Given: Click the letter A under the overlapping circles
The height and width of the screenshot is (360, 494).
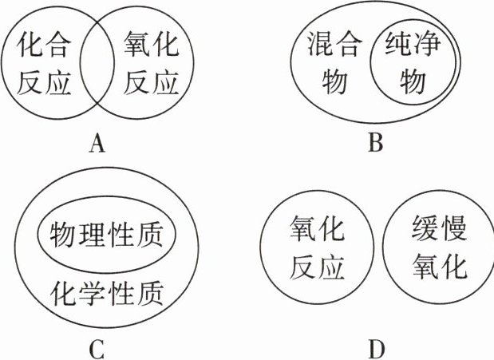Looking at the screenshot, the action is coord(98,144).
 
